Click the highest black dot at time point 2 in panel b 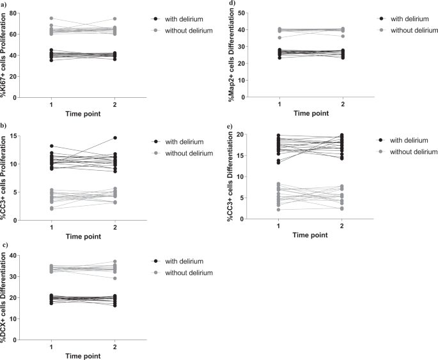(115, 137)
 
